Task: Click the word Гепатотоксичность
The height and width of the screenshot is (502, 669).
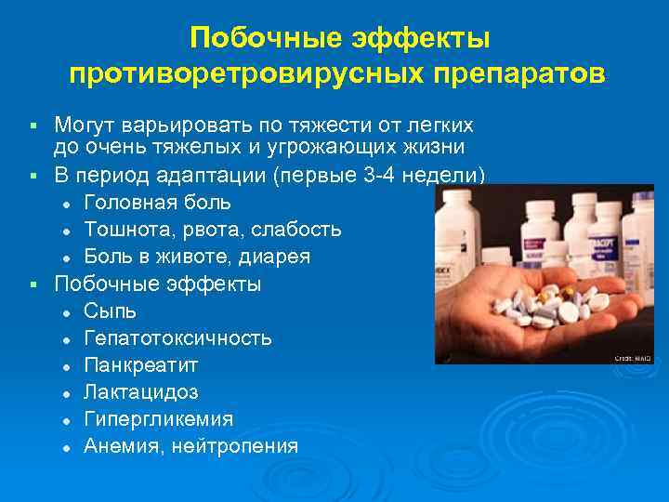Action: click(x=177, y=337)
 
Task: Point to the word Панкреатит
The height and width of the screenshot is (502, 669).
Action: click(x=140, y=364)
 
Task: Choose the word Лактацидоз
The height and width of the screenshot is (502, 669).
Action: click(x=140, y=391)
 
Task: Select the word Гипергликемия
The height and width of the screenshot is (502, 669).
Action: click(x=158, y=418)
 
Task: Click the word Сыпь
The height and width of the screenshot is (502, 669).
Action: click(x=110, y=310)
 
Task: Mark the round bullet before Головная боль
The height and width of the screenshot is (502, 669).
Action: click(x=67, y=203)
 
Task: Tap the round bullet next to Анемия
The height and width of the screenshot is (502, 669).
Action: click(x=67, y=447)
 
